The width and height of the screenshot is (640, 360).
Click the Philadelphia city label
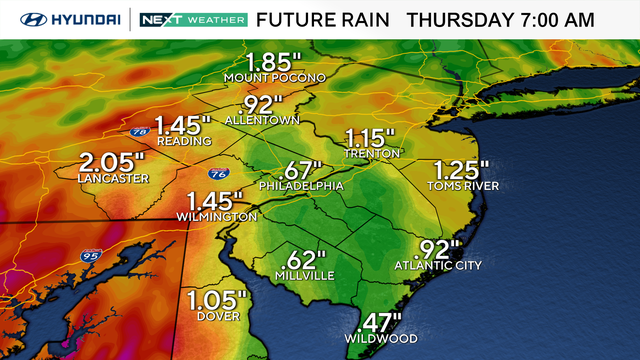point(301,186)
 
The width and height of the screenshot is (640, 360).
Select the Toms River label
point(463,186)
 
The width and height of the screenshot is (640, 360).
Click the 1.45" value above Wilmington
point(214,201)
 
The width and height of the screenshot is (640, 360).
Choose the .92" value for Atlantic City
point(437,249)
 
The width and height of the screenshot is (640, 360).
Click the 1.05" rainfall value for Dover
point(215,299)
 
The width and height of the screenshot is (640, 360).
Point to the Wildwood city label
point(380,338)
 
